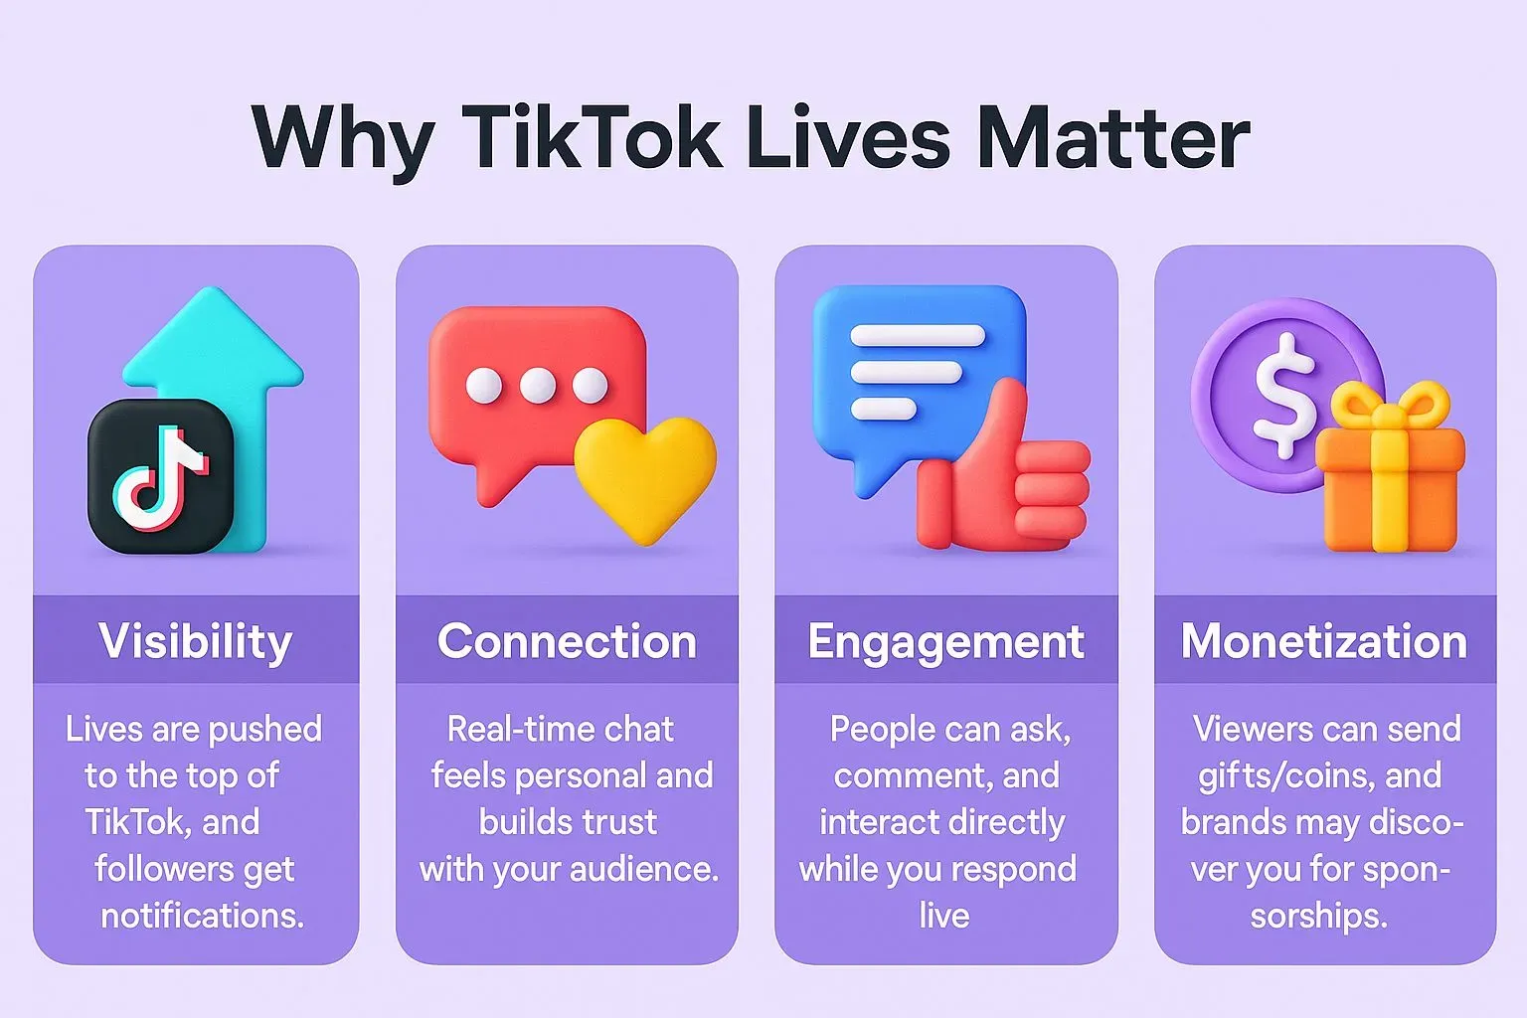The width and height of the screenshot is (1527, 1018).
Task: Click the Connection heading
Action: (x=567, y=641)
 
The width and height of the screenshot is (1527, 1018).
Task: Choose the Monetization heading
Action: (x=1324, y=641)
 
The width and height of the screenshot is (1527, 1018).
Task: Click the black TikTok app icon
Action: (x=161, y=476)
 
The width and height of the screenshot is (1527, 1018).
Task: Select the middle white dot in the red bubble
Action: (x=537, y=386)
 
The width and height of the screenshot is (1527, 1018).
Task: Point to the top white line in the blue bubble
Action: (x=918, y=335)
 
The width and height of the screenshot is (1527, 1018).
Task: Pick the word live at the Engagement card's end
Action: (x=944, y=916)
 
